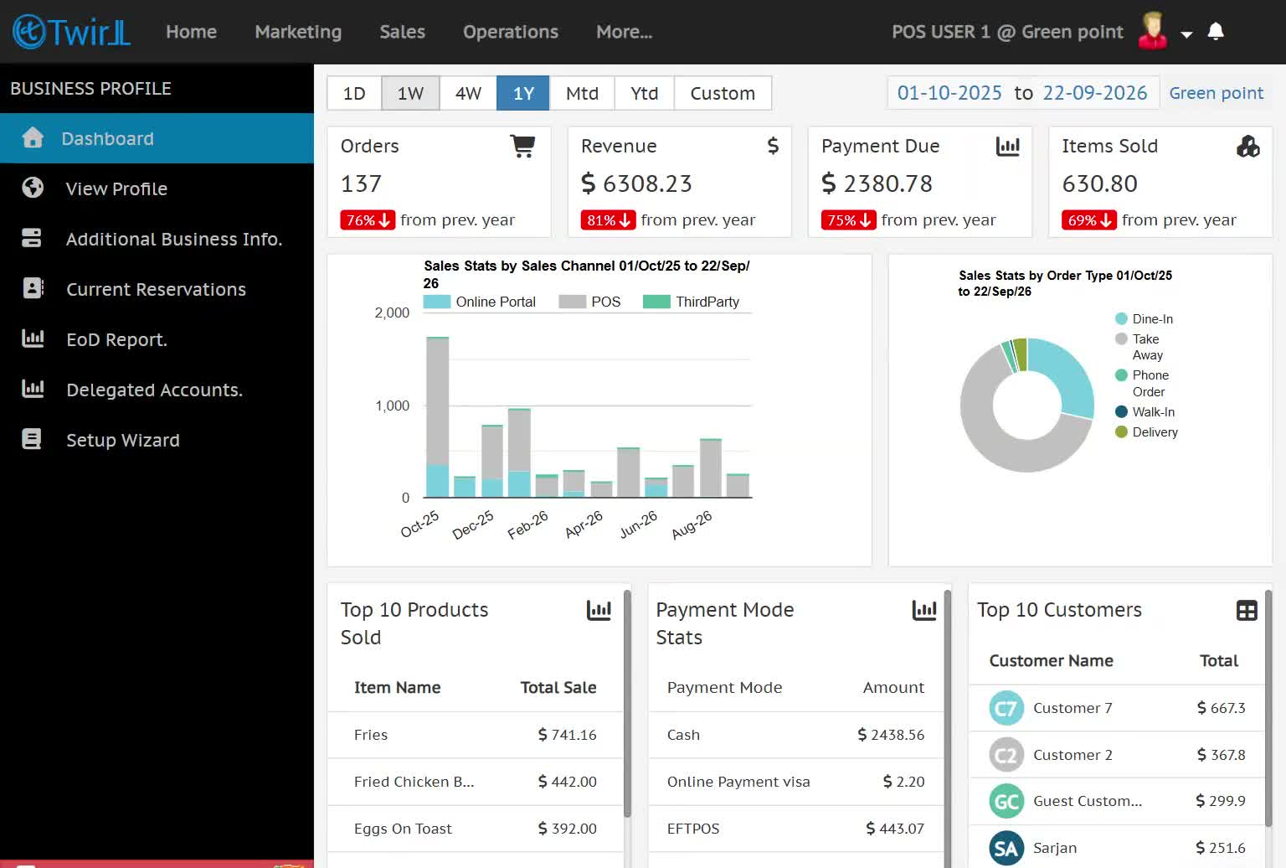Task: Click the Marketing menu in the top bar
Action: click(x=298, y=32)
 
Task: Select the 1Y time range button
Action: click(x=523, y=93)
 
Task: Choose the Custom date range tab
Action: click(x=723, y=93)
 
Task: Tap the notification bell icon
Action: click(x=1216, y=31)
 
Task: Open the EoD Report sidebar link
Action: click(x=116, y=339)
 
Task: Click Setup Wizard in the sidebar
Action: click(x=123, y=440)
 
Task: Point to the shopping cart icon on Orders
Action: click(x=522, y=146)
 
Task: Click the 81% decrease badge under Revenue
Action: click(x=608, y=220)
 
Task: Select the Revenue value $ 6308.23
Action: click(x=636, y=183)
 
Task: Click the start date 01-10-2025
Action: click(x=949, y=93)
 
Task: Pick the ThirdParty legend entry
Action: click(x=692, y=302)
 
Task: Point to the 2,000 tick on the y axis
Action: click(x=392, y=313)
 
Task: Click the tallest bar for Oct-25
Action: click(x=438, y=417)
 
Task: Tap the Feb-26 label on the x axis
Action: click(x=527, y=525)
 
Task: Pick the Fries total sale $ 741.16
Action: click(x=567, y=735)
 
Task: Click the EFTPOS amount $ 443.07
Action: click(x=895, y=829)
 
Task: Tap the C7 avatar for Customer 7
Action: click(x=1006, y=708)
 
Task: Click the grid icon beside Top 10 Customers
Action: click(x=1247, y=611)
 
